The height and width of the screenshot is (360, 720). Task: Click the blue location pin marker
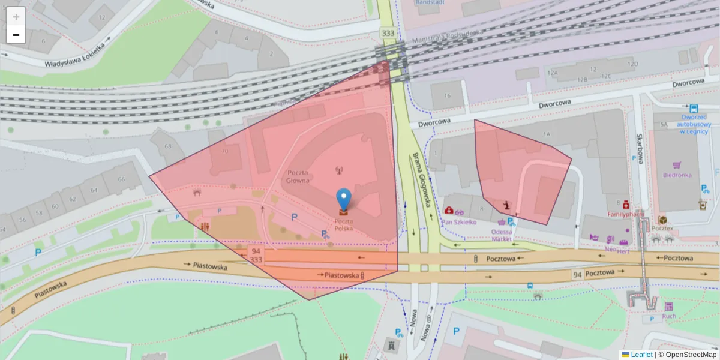(344, 199)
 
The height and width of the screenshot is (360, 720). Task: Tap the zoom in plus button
(16, 16)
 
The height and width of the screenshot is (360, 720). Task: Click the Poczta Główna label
(298, 176)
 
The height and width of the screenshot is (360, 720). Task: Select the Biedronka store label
(677, 175)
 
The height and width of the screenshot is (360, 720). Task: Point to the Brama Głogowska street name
(423, 180)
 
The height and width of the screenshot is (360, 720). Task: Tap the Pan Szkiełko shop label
(459, 222)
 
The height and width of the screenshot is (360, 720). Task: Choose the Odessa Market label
(502, 235)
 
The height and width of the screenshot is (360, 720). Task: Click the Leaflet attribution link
(641, 355)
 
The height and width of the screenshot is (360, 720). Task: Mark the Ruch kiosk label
(669, 316)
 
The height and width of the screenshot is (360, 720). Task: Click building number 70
(224, 151)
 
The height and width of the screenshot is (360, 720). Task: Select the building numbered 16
(446, 96)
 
